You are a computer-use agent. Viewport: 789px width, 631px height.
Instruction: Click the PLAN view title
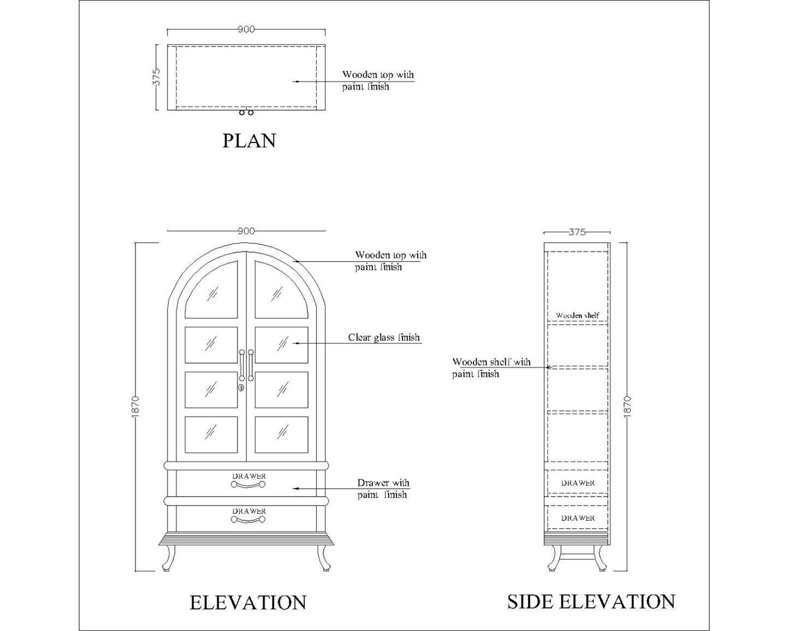(x=249, y=141)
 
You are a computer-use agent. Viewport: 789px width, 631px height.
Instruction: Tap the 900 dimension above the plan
(x=246, y=29)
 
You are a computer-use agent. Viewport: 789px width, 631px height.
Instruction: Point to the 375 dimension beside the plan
(x=157, y=77)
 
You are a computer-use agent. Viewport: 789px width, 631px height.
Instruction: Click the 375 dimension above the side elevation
(x=577, y=232)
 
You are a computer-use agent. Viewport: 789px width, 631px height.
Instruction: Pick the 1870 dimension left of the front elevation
(x=135, y=406)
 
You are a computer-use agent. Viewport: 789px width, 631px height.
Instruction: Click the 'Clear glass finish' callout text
(x=384, y=337)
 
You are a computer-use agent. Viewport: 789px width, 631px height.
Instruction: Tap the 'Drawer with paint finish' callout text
(x=383, y=489)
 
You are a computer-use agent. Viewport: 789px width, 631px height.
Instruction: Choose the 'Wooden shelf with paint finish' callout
(x=491, y=368)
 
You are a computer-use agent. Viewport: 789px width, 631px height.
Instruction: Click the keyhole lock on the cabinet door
(x=241, y=388)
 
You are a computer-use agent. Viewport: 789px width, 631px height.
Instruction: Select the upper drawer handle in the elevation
(x=248, y=485)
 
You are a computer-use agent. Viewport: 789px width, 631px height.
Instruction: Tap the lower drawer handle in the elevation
(x=248, y=520)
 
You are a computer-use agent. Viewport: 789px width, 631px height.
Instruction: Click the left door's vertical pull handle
(x=241, y=365)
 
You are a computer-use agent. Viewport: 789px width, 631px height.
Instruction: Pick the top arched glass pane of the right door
(x=281, y=290)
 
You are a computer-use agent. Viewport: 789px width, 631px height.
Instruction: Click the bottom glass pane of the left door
(x=211, y=434)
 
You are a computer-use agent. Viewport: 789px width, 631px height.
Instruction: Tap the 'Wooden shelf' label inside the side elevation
(x=578, y=315)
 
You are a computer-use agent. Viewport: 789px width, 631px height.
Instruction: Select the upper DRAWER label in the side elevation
(x=578, y=483)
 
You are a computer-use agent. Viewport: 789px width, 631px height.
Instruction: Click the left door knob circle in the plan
(x=241, y=112)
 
